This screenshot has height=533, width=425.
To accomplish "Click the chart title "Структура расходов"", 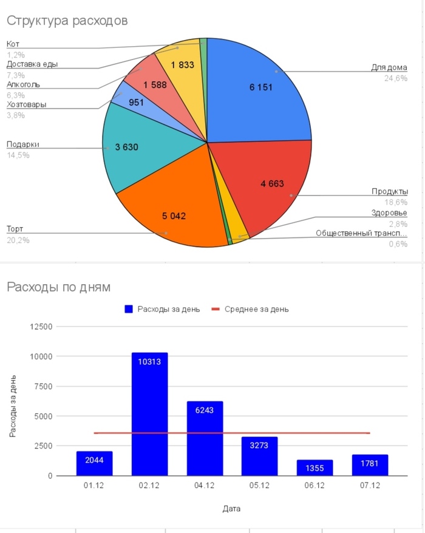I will point(67,21).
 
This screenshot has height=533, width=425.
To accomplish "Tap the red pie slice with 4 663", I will point(267,182).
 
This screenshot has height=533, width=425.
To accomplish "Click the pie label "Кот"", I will point(13,44).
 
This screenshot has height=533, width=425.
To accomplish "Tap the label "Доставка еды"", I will point(32,64).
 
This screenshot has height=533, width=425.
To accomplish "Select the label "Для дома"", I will point(389,67).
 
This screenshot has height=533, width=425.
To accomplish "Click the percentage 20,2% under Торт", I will point(18,240).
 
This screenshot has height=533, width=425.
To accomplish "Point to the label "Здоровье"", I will point(389,213).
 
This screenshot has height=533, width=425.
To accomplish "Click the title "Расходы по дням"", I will point(58,287).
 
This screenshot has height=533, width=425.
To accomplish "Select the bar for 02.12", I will point(150,413).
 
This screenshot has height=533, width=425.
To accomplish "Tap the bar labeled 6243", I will point(205,437).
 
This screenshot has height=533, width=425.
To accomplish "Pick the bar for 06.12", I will point(314,467).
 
